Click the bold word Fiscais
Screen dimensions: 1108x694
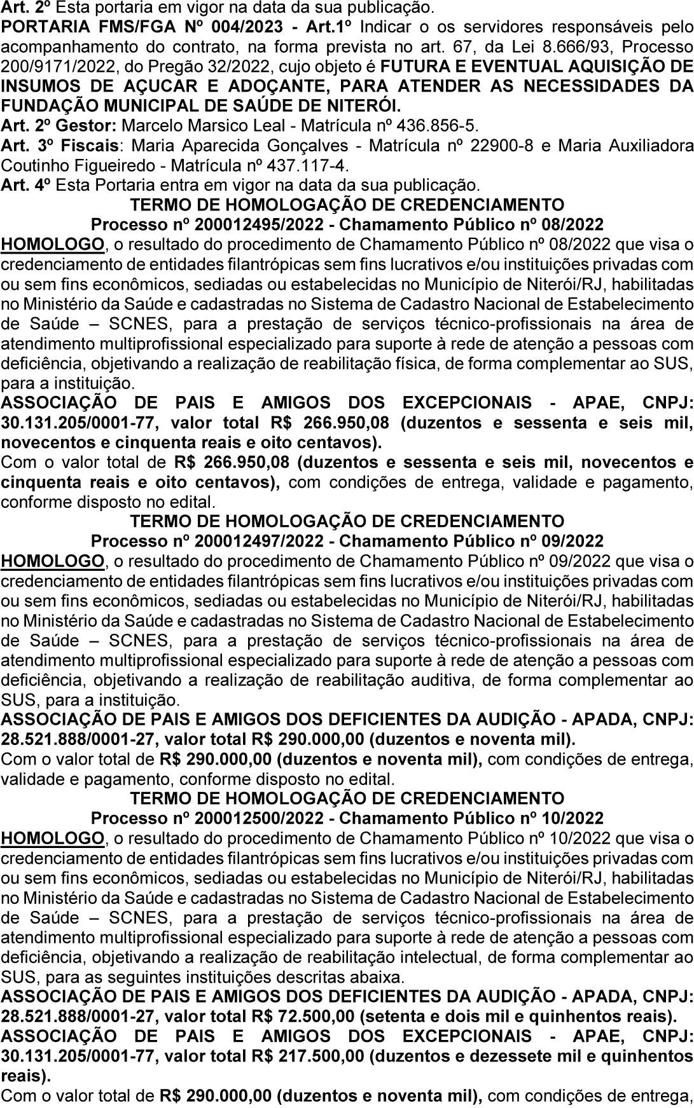pos(93,146)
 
